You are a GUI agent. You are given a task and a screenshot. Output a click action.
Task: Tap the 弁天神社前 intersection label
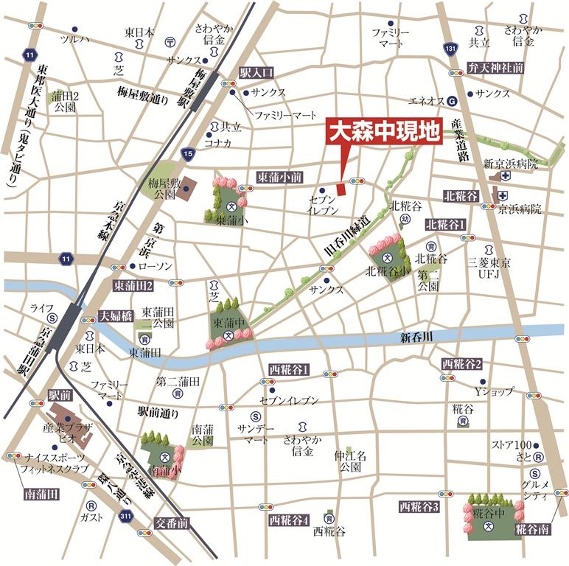point(495,67)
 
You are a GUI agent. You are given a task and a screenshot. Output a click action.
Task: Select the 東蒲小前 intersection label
point(279,178)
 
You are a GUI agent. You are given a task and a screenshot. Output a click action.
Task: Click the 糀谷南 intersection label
point(532,528)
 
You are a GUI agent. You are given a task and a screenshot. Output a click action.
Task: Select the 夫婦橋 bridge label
point(115,315)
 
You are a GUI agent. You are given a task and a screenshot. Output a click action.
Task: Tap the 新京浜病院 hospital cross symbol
point(505,177)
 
